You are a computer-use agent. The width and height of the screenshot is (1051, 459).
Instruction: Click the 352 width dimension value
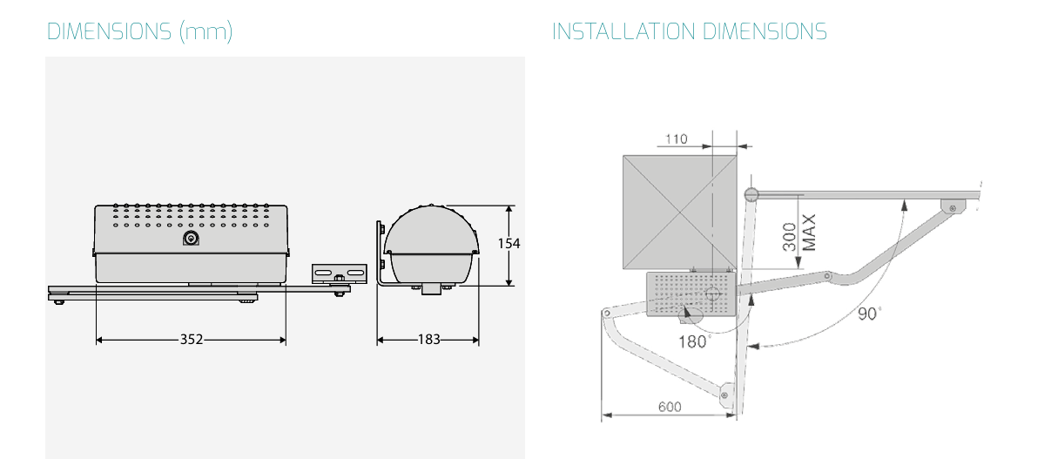point(192,340)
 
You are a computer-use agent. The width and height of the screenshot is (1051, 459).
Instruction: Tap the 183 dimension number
point(428,340)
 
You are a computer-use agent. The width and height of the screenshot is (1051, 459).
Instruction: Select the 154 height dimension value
point(509,244)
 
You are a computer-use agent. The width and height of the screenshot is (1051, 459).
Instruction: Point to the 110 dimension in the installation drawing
point(676,139)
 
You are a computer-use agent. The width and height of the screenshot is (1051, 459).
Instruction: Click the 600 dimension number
point(670,407)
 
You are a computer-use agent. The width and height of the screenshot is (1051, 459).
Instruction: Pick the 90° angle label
point(869,314)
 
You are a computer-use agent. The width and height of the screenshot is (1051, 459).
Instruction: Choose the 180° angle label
point(694,341)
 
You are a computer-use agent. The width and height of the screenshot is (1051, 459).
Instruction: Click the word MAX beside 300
point(809,233)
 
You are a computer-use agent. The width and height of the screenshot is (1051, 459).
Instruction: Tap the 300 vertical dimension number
point(790,237)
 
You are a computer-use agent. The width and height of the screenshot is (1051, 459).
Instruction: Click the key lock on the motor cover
point(191,239)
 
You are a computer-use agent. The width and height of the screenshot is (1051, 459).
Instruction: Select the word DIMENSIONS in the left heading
point(109,32)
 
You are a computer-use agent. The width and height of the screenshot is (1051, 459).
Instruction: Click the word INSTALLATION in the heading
point(623,32)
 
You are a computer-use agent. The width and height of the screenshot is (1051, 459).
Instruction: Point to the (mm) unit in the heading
point(206,32)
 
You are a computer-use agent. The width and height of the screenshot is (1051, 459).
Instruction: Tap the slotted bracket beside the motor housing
point(340,273)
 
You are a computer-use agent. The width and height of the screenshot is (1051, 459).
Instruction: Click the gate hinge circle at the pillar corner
point(751,195)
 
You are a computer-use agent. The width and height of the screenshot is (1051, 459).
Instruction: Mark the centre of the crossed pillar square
point(680,213)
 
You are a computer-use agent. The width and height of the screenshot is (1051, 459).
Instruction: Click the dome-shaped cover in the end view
point(431,245)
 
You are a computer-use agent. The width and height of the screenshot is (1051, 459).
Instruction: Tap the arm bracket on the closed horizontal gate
point(953,207)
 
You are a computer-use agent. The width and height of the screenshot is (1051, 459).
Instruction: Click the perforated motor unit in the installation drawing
point(691,294)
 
